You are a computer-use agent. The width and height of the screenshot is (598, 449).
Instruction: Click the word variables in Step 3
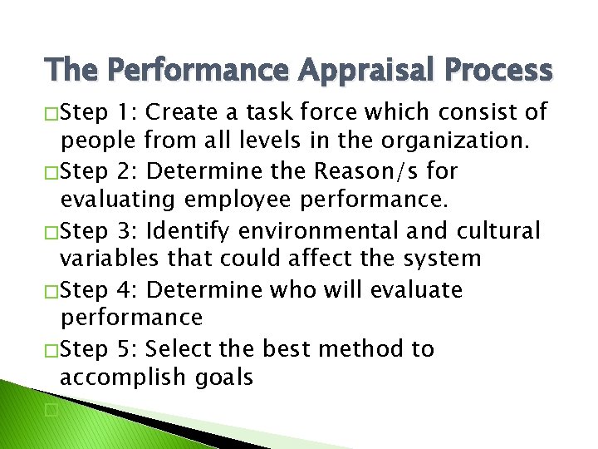[x=109, y=259]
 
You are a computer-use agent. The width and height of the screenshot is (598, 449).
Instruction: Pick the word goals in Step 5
[x=224, y=378]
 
